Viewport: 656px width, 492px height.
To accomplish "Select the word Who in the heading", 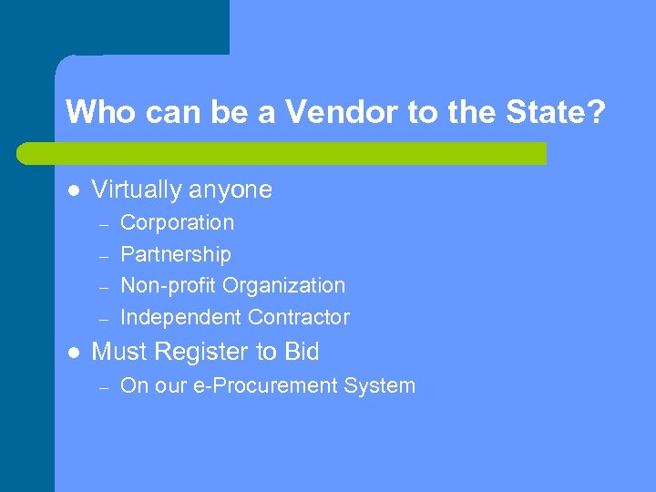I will coord(95,112).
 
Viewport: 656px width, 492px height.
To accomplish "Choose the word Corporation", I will coord(177,222).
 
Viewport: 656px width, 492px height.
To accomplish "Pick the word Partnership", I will coord(176,254).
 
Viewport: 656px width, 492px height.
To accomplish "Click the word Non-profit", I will coord(169,285).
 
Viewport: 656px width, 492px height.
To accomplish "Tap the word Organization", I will coord(284,285).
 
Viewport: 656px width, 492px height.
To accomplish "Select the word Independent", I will coord(177,317).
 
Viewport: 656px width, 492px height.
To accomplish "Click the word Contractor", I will coord(294,317).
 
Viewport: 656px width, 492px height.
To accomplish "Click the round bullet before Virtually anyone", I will coord(73,190).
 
